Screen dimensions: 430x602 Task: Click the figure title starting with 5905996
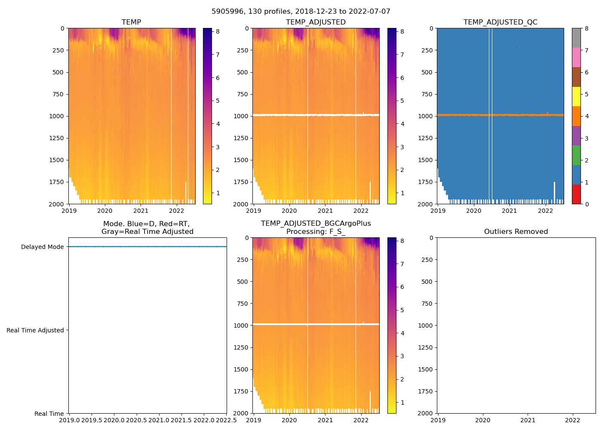pos(301,12)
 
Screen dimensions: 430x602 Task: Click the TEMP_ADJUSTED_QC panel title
pos(500,22)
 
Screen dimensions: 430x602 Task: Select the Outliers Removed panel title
pos(516,231)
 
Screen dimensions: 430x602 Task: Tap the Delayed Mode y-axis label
pos(42,247)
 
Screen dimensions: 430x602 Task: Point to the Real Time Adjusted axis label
pos(35,330)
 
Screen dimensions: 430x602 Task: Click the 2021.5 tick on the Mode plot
pos(181,420)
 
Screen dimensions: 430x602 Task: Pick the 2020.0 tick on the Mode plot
pos(114,420)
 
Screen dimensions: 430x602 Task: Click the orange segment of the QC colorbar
pos(576,116)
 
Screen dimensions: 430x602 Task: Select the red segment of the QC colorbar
pos(576,194)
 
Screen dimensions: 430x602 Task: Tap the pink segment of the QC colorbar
pos(576,57)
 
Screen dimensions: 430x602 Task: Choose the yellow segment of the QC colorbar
pos(576,96)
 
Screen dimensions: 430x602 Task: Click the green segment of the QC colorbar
pos(576,155)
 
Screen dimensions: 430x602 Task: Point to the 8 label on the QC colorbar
pos(587,28)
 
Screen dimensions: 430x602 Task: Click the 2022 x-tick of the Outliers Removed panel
pos(572,420)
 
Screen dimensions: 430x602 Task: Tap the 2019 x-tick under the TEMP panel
pos(69,211)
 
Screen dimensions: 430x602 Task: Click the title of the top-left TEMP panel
pos(131,22)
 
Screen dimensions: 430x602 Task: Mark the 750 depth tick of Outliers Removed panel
pos(427,304)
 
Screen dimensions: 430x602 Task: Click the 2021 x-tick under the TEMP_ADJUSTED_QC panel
pos(510,211)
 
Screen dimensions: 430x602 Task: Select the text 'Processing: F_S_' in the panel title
pos(316,231)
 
